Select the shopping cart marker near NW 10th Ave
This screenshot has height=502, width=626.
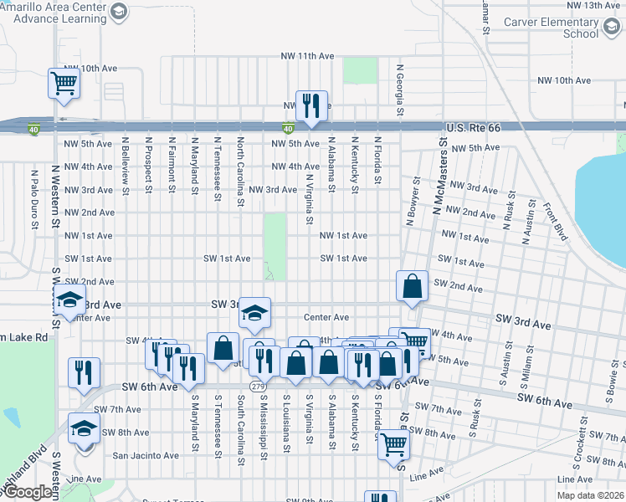[x=64, y=83]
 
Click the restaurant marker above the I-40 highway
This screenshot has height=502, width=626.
[x=311, y=105]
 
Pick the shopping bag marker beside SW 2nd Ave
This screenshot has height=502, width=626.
[x=413, y=286]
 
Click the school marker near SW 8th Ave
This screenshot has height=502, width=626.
[x=84, y=428]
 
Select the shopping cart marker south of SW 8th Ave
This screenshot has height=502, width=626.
[x=393, y=445]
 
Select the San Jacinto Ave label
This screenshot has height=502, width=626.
[x=146, y=456]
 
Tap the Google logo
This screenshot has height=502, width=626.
[x=27, y=493]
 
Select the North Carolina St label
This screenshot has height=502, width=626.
[x=240, y=172]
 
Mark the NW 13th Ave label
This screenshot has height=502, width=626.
[x=592, y=5]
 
